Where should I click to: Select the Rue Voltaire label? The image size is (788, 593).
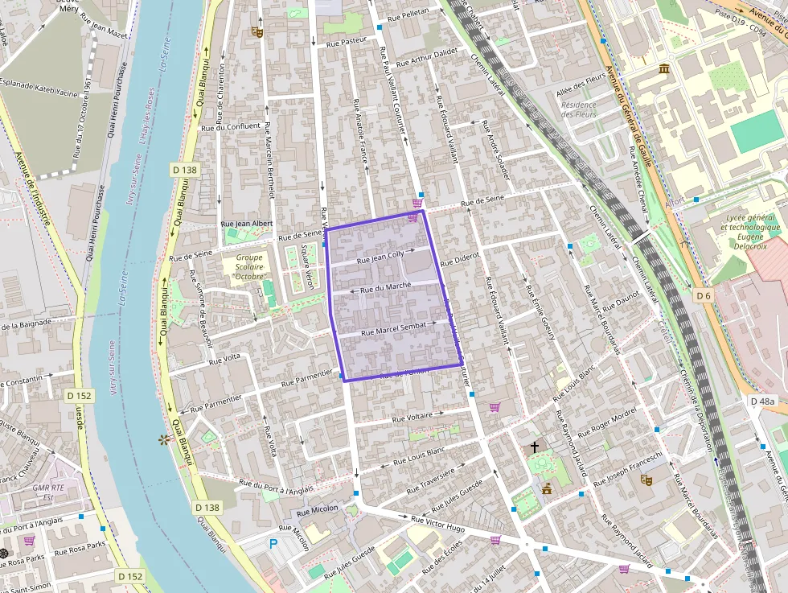412,418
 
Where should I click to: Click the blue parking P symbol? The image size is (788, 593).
273,544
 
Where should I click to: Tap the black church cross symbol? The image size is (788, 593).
534,446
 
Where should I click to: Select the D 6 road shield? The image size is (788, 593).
704,296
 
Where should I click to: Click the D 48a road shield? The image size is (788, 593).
762,401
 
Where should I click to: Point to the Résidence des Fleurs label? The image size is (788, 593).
579,109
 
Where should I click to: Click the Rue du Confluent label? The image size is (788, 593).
231,126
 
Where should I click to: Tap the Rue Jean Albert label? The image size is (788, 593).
247,223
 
